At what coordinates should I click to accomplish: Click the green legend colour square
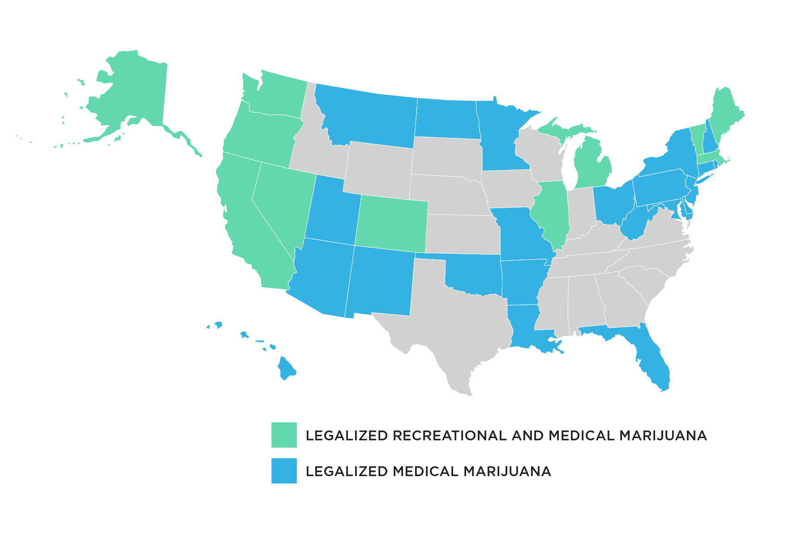coord(284,435)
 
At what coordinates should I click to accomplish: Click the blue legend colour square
coord(284,470)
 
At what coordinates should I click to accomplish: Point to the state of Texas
coord(452,322)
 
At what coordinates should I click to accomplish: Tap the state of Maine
coord(725,112)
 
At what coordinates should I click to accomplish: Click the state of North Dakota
coord(446,119)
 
